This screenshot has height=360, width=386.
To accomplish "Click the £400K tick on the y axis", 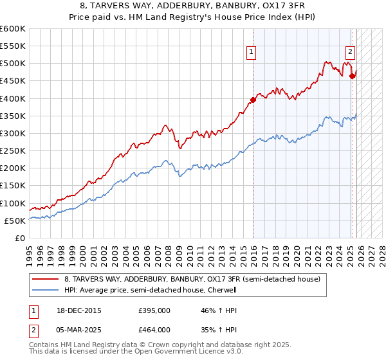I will pos(13,98).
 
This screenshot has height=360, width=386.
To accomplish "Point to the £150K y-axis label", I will pos(13,186).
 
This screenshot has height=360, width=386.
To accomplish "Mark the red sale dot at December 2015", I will pos(253,100).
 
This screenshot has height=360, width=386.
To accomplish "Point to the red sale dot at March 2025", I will pos(353,76).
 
